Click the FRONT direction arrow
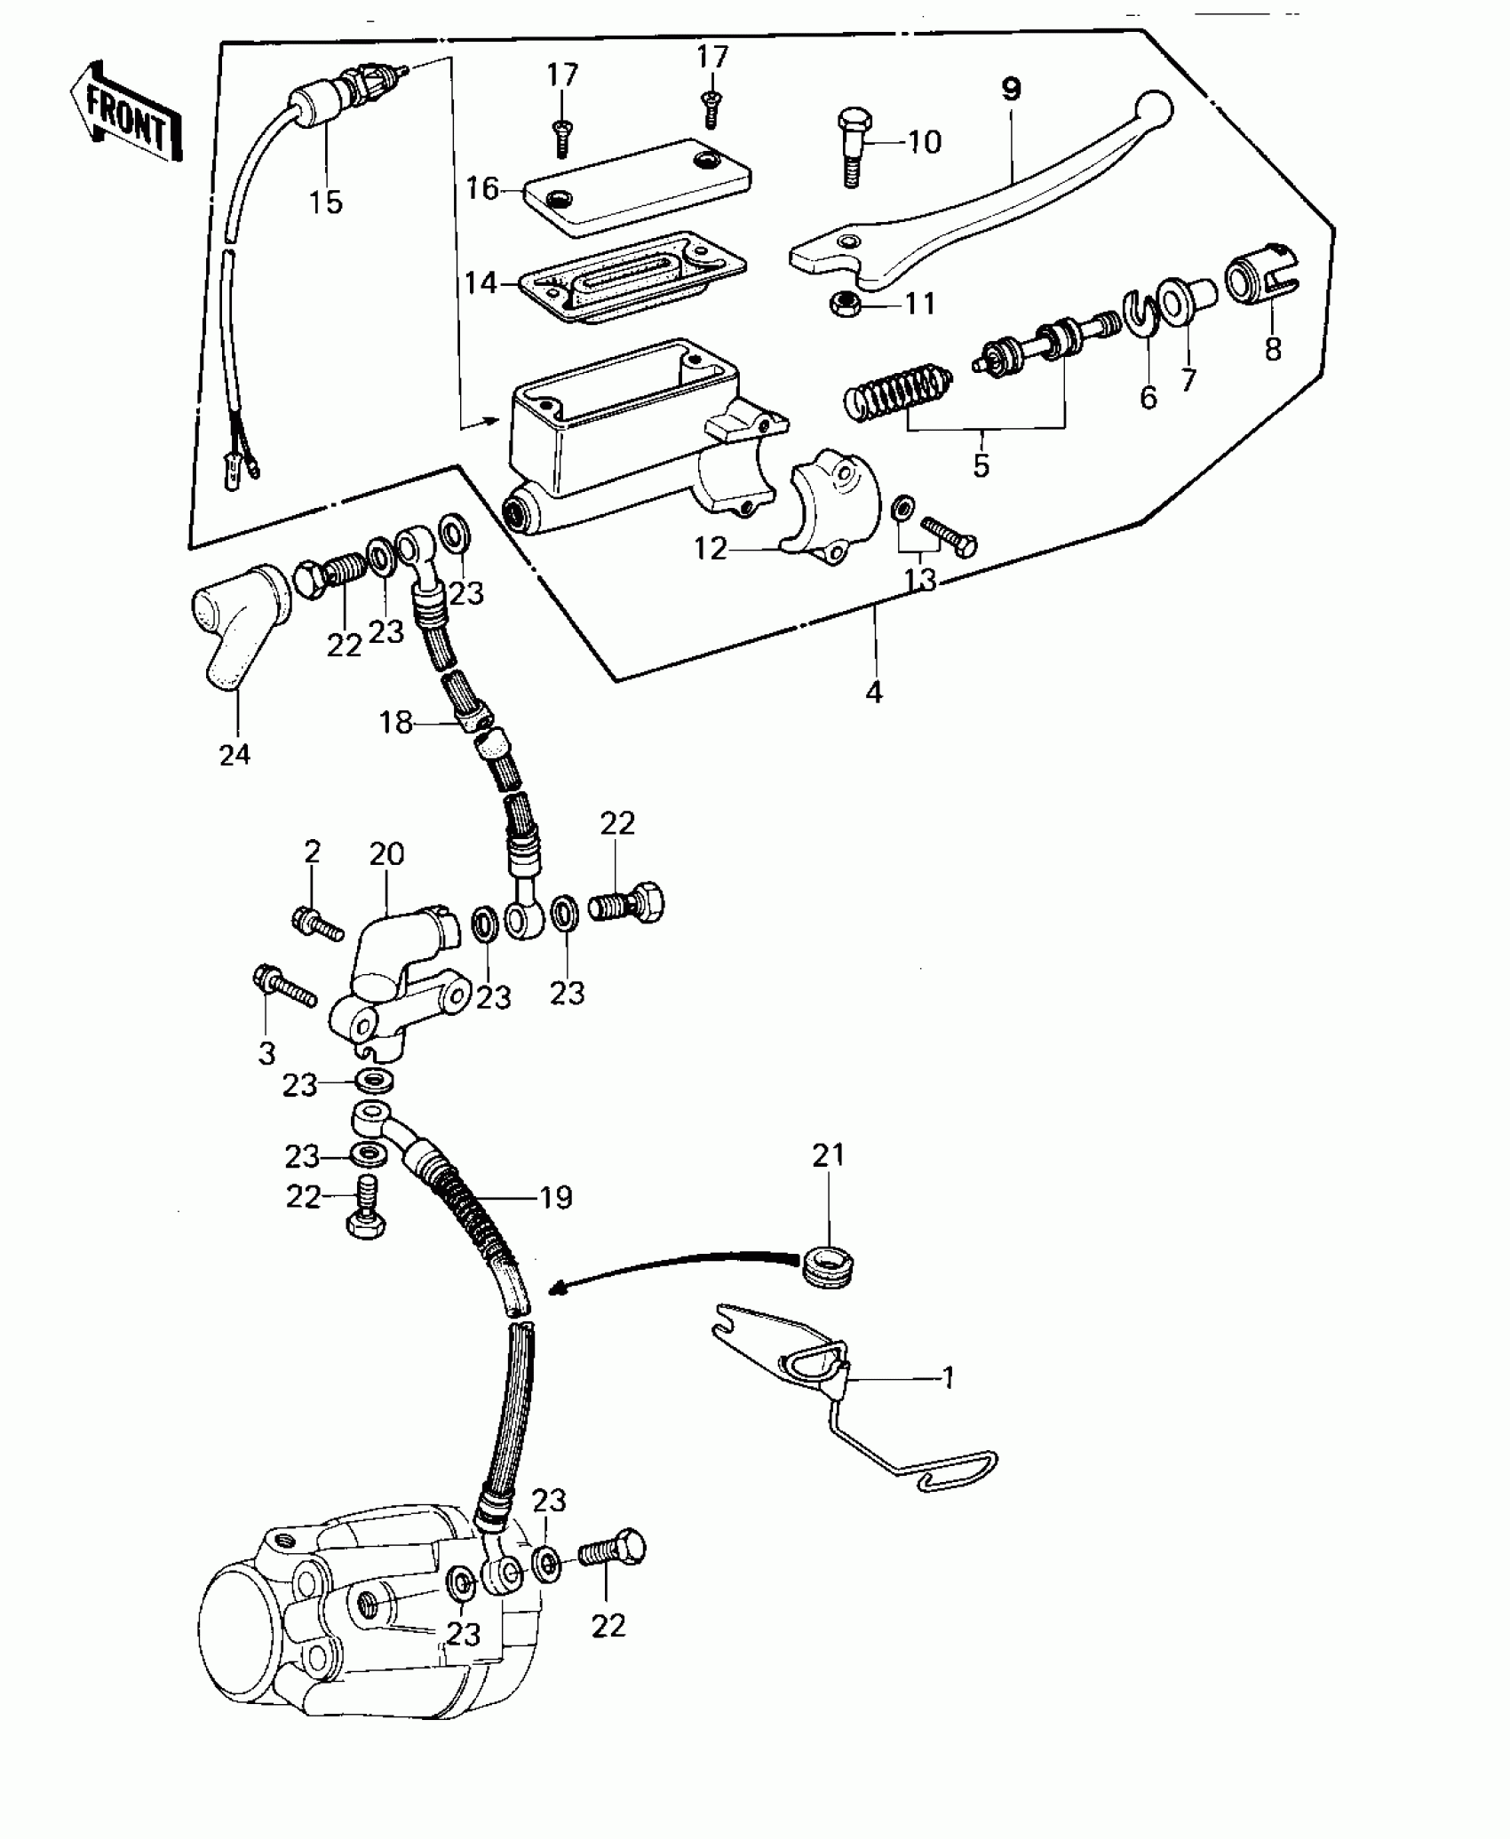click(x=125, y=114)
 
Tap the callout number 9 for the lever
click(x=1011, y=90)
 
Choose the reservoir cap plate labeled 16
click(x=637, y=186)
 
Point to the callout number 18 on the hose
click(x=396, y=723)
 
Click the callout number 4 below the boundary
click(x=874, y=694)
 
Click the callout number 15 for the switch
click(x=326, y=202)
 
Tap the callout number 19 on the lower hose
click(x=556, y=1198)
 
